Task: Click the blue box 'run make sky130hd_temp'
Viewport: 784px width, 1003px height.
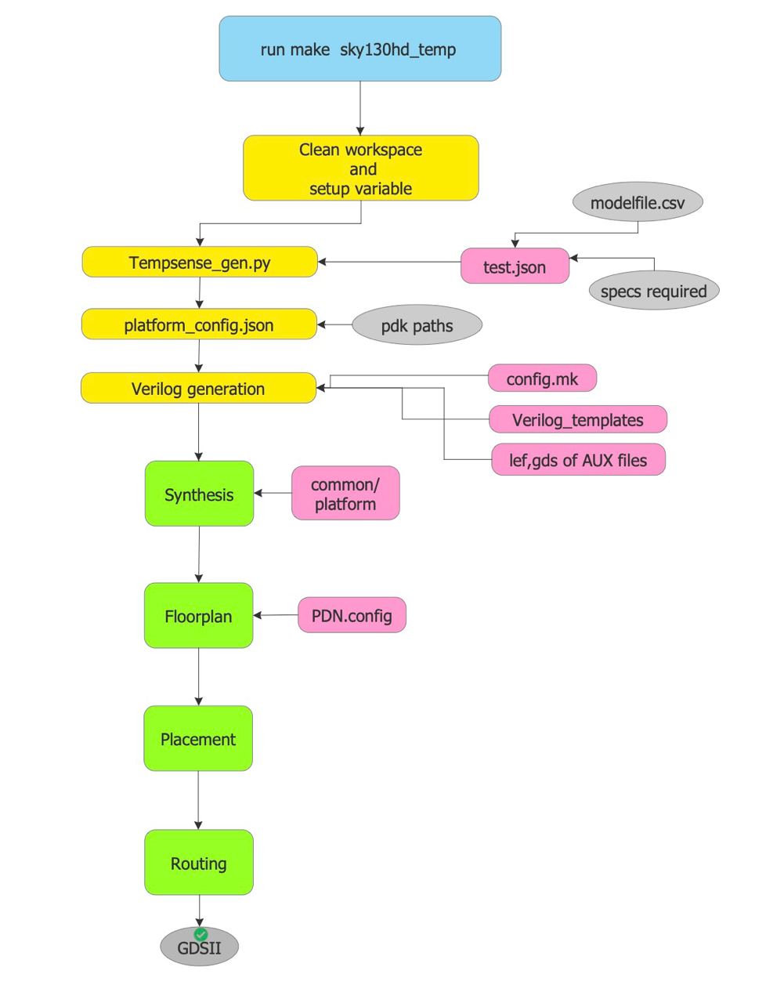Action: coord(359,49)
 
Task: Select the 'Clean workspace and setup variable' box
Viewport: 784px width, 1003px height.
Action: coord(360,168)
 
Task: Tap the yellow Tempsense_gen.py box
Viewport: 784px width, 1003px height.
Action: coord(200,263)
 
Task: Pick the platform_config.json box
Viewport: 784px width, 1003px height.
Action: coord(199,324)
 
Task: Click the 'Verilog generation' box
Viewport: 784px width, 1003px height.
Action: coord(198,389)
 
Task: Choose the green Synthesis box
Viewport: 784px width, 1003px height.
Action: coord(199,494)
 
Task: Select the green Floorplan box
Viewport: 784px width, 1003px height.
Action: coord(198,616)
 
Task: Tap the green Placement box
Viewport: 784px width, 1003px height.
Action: coord(198,739)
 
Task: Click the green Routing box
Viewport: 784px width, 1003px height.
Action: coord(199,863)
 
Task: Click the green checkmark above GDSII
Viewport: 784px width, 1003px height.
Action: coord(201,934)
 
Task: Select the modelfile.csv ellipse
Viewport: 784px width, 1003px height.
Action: coord(638,203)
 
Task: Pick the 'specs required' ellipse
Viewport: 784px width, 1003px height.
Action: coord(653,291)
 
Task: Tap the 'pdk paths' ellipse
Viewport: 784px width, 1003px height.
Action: coord(417,325)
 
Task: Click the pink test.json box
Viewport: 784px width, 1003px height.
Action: coord(515,266)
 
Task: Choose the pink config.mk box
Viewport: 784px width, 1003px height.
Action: coord(542,379)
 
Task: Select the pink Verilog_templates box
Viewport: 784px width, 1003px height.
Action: coord(578,419)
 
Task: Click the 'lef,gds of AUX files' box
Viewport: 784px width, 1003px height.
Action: coord(578,460)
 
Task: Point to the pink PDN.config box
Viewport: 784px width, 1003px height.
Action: coord(352,615)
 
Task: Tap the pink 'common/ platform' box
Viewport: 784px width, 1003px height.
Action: coord(345,494)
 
